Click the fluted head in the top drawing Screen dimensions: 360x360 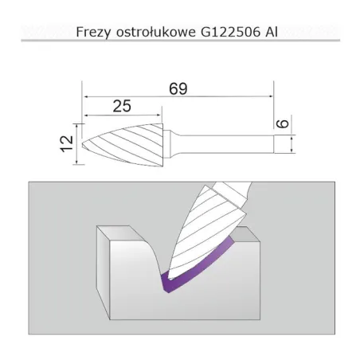[123, 144]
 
